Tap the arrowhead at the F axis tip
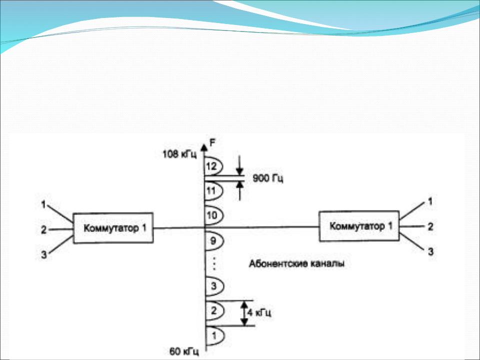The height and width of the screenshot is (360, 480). [204, 146]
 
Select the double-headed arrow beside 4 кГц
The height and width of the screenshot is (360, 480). [244, 313]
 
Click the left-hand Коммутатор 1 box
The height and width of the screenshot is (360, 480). [113, 228]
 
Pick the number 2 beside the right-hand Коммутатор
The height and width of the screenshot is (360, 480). [429, 226]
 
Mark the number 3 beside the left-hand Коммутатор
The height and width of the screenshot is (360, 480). [44, 255]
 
